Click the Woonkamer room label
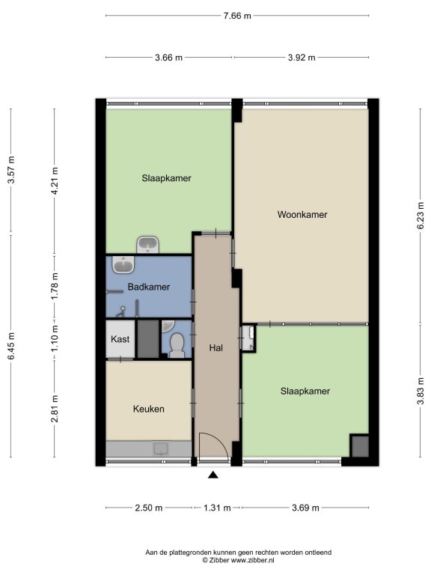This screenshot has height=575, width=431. tap(302, 215)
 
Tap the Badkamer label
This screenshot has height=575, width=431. tap(148, 287)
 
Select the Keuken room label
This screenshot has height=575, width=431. tap(148, 409)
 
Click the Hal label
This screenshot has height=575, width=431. tap(215, 347)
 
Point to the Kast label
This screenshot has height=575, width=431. tap(120, 339)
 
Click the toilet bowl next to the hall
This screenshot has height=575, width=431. tap(177, 345)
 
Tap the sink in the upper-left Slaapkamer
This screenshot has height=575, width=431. tap(147, 245)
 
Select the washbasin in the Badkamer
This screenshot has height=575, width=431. tap(123, 265)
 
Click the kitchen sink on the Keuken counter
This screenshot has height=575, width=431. tap(161, 448)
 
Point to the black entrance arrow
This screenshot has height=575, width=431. tap(213, 475)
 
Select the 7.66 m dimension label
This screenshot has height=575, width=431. tap(237, 16)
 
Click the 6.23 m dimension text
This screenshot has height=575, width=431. tap(421, 216)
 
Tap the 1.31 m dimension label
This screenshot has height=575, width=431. tap(217, 508)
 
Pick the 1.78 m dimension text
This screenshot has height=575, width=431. tap(55, 287)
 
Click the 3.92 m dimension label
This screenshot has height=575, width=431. tap(302, 58)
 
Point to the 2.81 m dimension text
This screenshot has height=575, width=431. tap(55, 409)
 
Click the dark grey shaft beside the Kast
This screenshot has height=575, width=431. tap(148, 339)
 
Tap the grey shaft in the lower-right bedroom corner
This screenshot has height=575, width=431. tap(359, 446)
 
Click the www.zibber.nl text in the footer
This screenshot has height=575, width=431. tap(252, 560)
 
